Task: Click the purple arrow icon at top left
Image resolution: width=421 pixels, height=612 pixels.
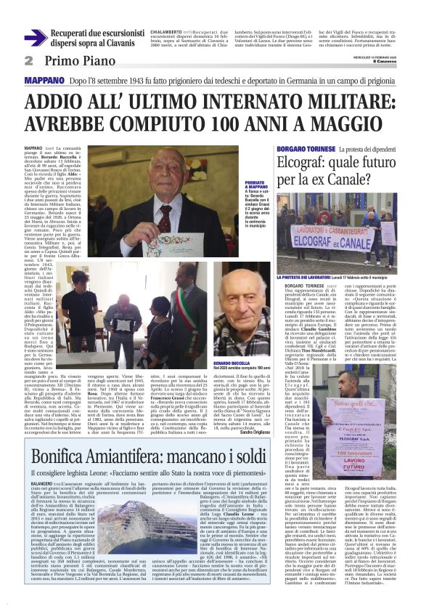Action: point(36,38)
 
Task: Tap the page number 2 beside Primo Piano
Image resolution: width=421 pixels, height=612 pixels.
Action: point(29,60)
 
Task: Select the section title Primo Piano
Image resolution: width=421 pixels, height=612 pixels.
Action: point(74,60)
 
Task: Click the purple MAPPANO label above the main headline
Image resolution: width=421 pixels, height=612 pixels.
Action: point(46,79)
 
